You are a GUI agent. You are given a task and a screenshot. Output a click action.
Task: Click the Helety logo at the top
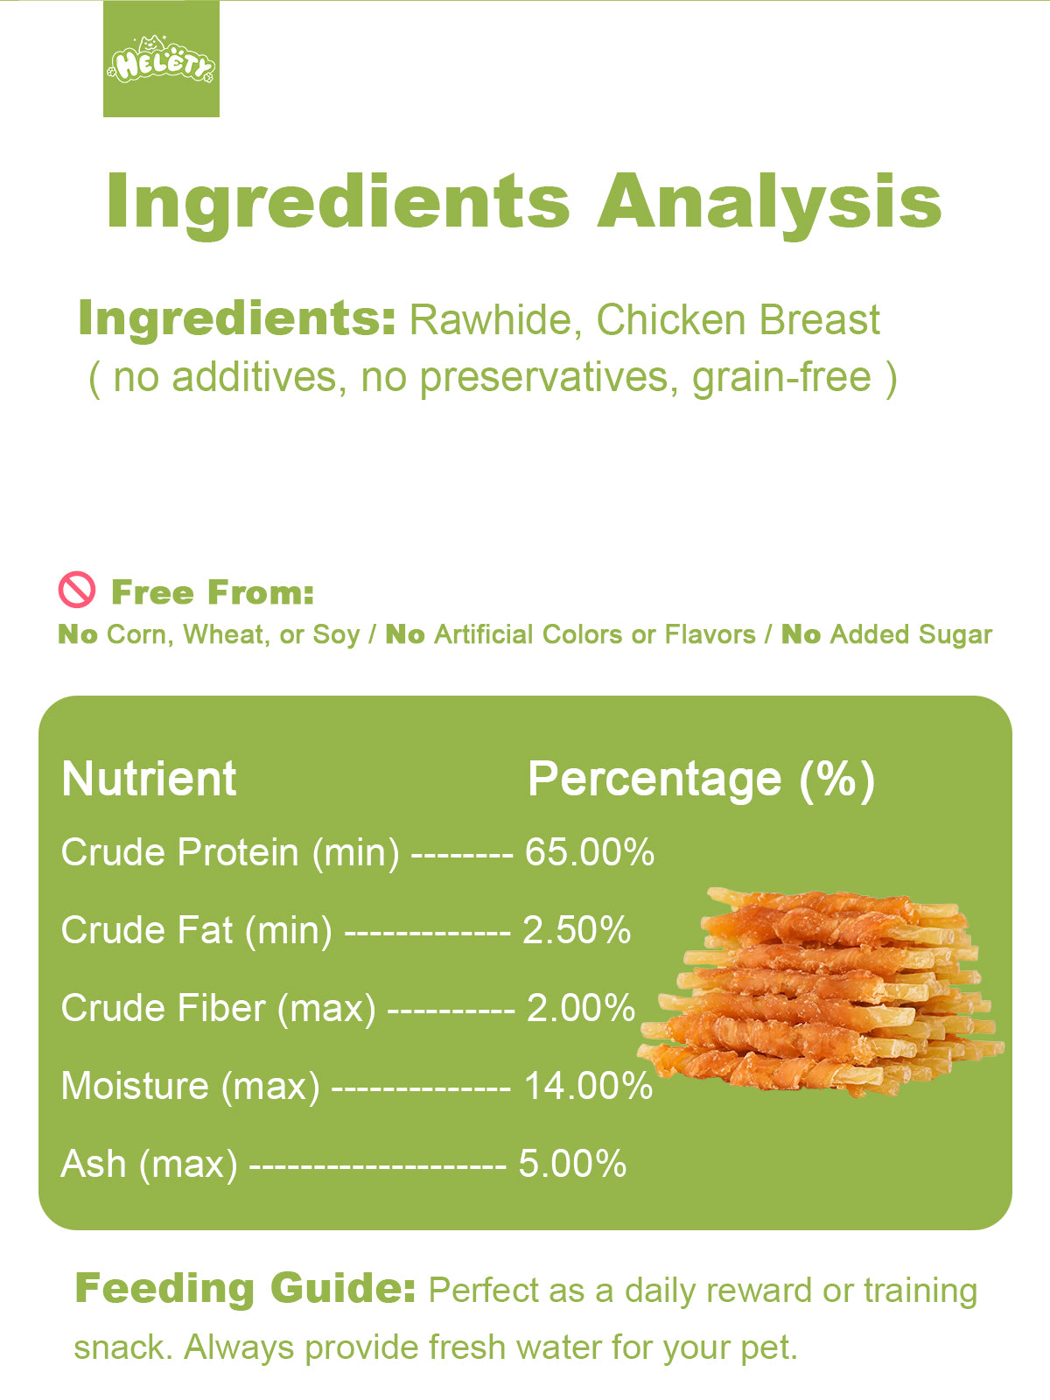(x=161, y=59)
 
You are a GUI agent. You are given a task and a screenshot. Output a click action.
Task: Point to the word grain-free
(x=781, y=377)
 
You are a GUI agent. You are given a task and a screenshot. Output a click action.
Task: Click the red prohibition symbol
(x=77, y=590)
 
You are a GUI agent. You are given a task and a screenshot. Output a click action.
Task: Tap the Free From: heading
(x=213, y=592)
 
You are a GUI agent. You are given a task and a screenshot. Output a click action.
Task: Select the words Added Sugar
(x=911, y=634)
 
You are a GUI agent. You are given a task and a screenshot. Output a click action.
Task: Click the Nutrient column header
(x=149, y=779)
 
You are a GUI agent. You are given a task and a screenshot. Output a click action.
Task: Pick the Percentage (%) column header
(x=701, y=780)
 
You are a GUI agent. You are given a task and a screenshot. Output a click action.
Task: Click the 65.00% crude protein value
(x=590, y=852)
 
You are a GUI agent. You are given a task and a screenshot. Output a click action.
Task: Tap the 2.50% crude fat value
(x=577, y=930)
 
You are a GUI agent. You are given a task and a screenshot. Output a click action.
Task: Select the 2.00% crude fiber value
(x=581, y=1008)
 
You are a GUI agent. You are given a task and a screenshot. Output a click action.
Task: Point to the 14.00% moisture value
(x=588, y=1086)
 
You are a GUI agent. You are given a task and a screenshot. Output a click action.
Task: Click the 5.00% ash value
(x=572, y=1164)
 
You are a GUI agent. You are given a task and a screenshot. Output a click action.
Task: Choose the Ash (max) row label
(x=149, y=1165)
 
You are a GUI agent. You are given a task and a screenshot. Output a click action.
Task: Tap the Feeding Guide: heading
(x=246, y=1288)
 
